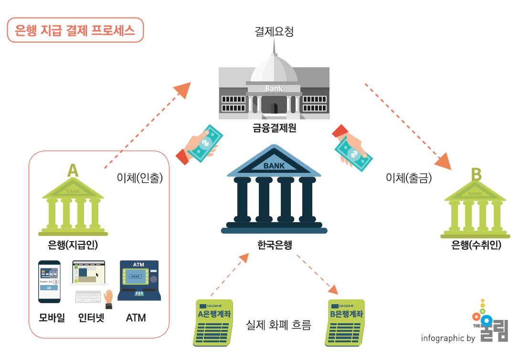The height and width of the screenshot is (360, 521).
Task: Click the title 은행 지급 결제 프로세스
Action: [x=75, y=31]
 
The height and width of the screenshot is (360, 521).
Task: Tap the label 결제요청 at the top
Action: [x=274, y=32]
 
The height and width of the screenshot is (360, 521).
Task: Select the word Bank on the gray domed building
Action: [x=274, y=88]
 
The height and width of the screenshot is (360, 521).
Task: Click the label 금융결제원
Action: [x=275, y=127]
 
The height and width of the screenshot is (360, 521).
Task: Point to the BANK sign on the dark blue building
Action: [x=274, y=166]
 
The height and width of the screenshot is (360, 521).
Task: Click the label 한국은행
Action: [x=275, y=245]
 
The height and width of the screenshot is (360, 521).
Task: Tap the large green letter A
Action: [x=72, y=170]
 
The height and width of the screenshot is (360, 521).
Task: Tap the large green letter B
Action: [x=476, y=174]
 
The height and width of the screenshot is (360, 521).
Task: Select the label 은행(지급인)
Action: [x=73, y=245]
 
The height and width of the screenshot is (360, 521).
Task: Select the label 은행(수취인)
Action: [x=476, y=245]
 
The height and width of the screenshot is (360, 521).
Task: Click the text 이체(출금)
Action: [x=409, y=178]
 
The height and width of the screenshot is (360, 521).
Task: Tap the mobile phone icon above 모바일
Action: [x=49, y=281]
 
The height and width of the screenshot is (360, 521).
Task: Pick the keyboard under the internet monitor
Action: [x=88, y=296]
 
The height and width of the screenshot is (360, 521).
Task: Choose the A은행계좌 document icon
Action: [x=214, y=322]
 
